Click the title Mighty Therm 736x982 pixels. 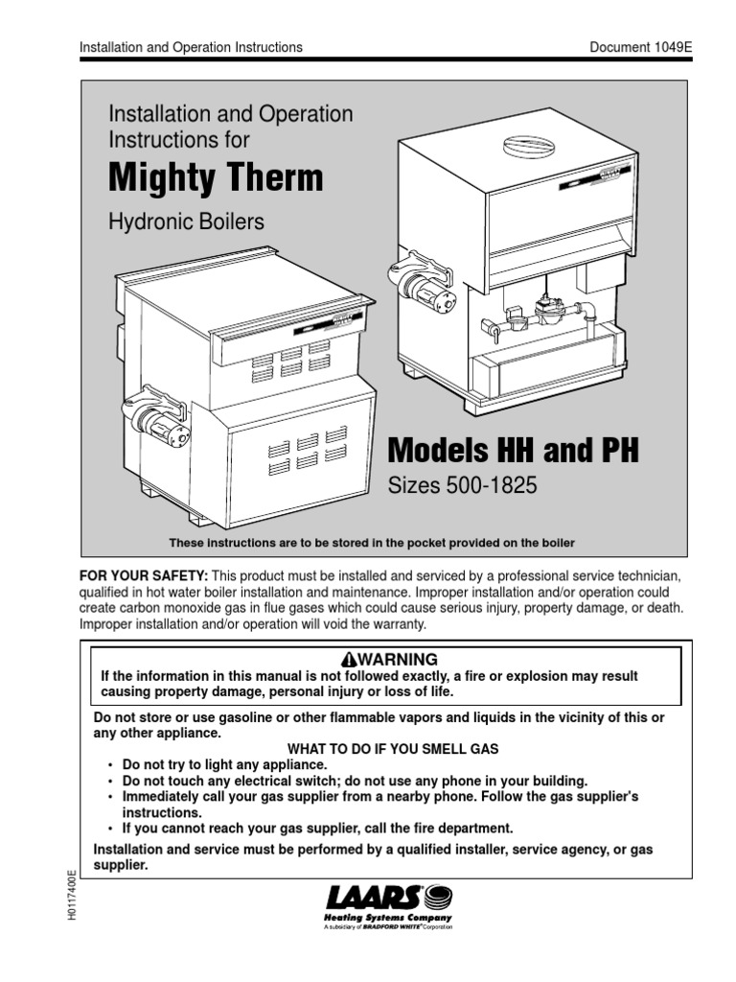point(216,178)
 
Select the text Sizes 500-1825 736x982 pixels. point(462,486)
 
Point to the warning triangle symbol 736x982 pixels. point(348,660)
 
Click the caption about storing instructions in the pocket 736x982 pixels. point(372,543)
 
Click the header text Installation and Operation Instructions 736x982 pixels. point(190,46)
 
